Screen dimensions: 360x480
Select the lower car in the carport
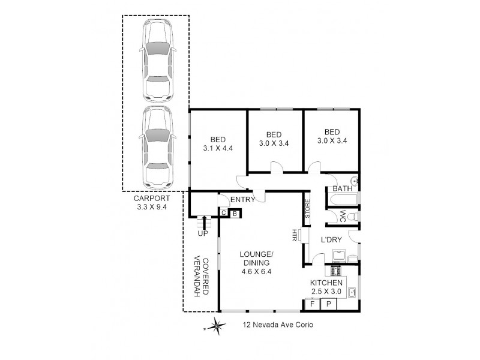pyautogui.click(x=157, y=148)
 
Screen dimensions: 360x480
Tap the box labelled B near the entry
pyautogui.click(x=235, y=213)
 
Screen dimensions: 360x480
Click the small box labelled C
pyautogui.click(x=223, y=213)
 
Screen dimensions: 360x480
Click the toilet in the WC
pyautogui.click(x=353, y=217)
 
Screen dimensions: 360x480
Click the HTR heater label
pyautogui.click(x=295, y=235)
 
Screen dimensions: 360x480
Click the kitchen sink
pyautogui.click(x=354, y=293)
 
